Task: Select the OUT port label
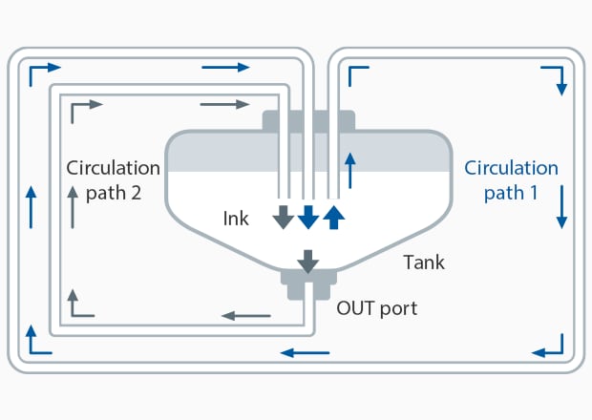376,309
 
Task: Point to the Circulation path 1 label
511,180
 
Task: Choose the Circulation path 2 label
104,180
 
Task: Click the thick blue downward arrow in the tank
307,217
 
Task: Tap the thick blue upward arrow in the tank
332,217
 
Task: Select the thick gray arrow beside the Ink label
283,217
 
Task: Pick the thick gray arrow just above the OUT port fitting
307,260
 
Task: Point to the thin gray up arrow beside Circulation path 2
73,205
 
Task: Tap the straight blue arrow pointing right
226,67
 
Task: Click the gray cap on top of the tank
308,121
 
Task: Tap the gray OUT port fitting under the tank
307,283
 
